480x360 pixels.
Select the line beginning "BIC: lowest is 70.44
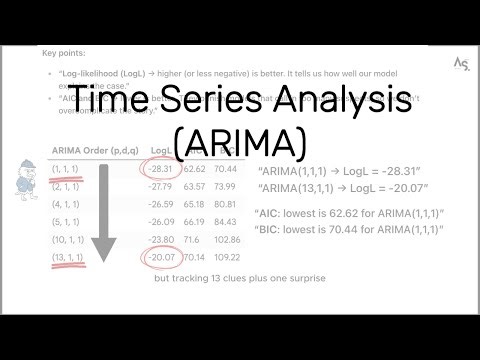click(349, 230)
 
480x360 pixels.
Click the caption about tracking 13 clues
click(239, 278)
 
